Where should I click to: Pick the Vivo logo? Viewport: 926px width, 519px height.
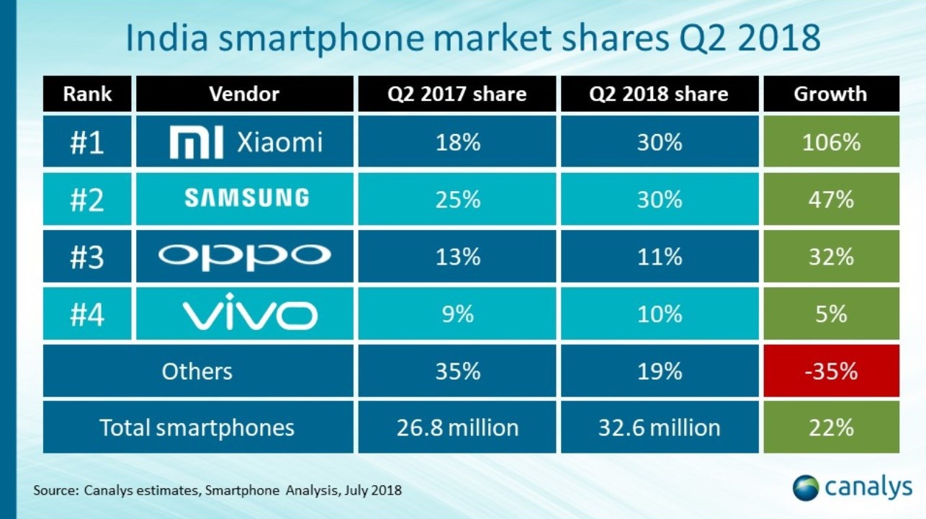coord(246,314)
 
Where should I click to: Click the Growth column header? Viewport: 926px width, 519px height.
coord(830,94)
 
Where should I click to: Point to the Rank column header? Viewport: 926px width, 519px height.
coord(87,94)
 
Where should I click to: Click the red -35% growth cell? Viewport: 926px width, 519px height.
coord(830,371)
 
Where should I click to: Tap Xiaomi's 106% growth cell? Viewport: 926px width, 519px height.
coord(830,143)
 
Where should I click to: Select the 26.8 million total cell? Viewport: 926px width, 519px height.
coord(457,427)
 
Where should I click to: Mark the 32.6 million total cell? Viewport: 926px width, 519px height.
coord(659,427)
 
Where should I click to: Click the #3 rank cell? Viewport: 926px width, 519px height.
coord(87,256)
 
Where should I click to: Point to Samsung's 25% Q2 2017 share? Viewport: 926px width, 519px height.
coord(457,200)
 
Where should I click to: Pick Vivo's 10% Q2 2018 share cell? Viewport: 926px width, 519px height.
coord(659,314)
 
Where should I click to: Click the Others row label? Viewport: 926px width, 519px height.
coord(197,371)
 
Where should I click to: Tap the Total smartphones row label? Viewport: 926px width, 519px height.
coord(197,427)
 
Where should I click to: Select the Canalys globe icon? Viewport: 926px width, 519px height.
coord(806,487)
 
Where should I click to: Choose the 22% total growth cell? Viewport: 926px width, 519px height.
coord(830,427)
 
